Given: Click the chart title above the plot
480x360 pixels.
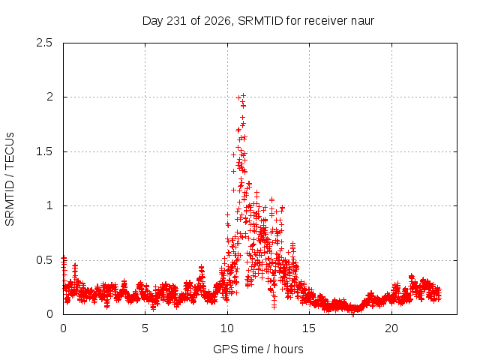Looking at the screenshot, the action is click(x=258, y=21).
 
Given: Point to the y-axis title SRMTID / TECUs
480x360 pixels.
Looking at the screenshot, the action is click(x=10, y=179).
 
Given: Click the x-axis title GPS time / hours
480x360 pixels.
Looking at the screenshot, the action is click(x=258, y=349).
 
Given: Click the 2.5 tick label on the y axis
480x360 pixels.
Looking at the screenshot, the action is click(x=44, y=43).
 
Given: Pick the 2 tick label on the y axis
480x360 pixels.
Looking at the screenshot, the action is click(x=49, y=97).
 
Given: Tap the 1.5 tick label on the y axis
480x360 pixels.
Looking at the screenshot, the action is click(x=44, y=151).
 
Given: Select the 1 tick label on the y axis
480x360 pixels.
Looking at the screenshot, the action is click(x=50, y=205).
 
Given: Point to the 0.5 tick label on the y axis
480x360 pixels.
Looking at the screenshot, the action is click(x=44, y=260).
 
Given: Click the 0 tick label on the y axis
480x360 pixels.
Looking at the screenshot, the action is click(x=49, y=314).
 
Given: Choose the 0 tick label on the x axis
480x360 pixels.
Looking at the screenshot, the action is click(x=63, y=328).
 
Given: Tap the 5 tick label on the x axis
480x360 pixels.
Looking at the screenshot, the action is click(x=145, y=328).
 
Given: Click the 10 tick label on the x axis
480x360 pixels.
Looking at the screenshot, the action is click(x=227, y=328).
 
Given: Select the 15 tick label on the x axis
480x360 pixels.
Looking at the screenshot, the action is click(x=309, y=328).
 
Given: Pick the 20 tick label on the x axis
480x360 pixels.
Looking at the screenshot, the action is click(x=391, y=328).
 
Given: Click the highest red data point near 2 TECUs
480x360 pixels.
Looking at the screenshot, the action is click(x=243, y=95).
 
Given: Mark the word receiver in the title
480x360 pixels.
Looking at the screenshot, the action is click(x=326, y=21).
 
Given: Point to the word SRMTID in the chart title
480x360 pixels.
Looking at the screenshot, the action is click(x=260, y=21).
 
